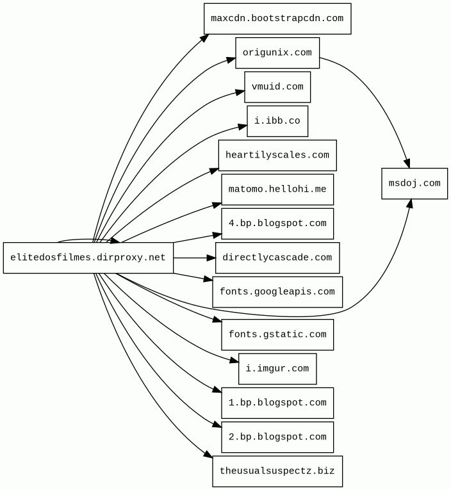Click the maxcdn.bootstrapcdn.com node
click(277, 19)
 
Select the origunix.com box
click(277, 53)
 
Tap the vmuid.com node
click(277, 87)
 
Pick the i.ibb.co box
click(277, 121)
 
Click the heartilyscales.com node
click(277, 155)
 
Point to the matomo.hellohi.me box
click(277, 190)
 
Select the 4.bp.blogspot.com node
click(277, 224)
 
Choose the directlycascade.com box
click(277, 257)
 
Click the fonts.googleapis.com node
click(277, 292)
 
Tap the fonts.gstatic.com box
click(277, 334)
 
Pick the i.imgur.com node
click(277, 369)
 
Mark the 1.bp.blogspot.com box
click(277, 403)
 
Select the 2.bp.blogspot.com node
click(277, 437)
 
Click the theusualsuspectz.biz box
click(277, 471)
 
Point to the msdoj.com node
click(414, 183)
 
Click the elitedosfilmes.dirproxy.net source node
click(88, 257)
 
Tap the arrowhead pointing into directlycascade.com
click(211, 257)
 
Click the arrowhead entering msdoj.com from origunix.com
click(406, 163)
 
